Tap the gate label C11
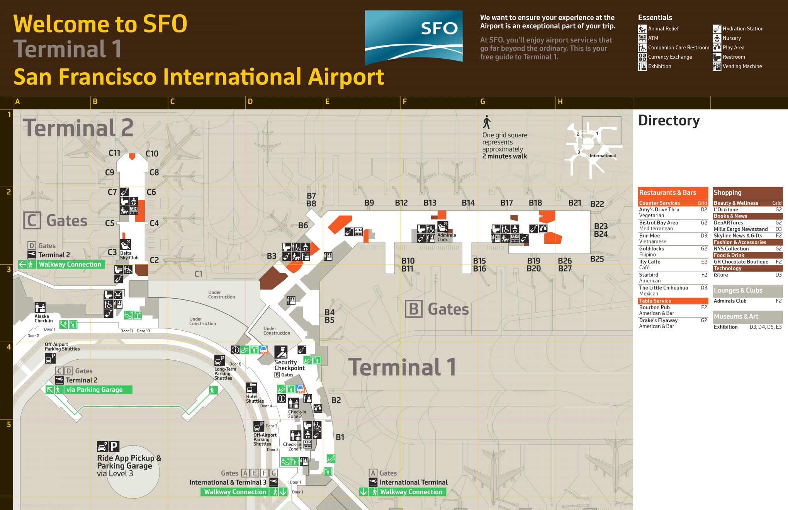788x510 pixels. [114, 153]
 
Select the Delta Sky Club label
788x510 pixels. [129, 255]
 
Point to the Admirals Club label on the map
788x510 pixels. [447, 237]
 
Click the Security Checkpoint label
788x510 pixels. [289, 365]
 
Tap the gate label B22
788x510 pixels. [597, 204]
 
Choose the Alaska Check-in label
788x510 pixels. [43, 318]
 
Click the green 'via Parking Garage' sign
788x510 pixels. [94, 389]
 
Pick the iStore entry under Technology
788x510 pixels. [721, 275]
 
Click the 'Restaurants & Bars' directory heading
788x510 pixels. [667, 192]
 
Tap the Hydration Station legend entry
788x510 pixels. [742, 29]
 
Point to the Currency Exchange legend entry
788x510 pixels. [670, 57]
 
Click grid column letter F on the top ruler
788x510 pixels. [404, 102]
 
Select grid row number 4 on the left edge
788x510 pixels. [8, 347]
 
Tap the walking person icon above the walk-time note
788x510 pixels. [487, 122]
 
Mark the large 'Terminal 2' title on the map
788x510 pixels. [78, 128]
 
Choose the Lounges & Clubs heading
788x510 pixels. [738, 291]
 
